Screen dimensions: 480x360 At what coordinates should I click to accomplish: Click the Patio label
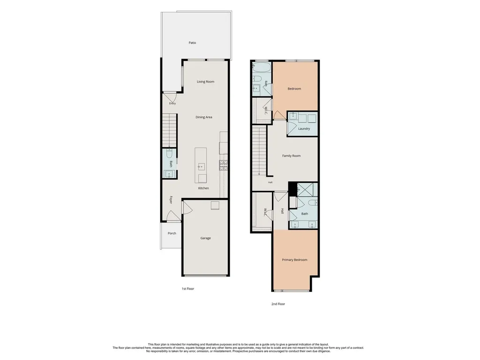click(x=192, y=43)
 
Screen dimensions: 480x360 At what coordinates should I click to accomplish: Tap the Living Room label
click(x=205, y=82)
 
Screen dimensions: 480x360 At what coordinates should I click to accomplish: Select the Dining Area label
click(x=204, y=117)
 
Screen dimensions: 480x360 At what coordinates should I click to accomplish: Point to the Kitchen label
click(x=203, y=188)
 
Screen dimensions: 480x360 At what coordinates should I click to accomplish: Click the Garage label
click(x=205, y=238)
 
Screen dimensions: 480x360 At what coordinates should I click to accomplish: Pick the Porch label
click(x=172, y=233)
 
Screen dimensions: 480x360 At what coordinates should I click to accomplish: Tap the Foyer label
click(x=171, y=200)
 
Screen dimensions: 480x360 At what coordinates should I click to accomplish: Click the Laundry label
click(x=304, y=129)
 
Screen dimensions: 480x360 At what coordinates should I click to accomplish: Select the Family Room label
click(x=292, y=156)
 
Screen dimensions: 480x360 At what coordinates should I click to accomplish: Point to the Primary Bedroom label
click(x=294, y=260)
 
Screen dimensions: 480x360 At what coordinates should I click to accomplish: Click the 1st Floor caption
click(x=188, y=289)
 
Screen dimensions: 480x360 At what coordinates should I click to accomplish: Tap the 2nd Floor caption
click(x=278, y=304)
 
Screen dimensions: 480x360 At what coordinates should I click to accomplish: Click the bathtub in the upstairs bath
click(x=262, y=67)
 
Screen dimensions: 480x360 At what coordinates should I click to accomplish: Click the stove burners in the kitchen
click(x=223, y=165)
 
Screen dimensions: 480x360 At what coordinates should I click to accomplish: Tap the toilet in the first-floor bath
click(x=170, y=153)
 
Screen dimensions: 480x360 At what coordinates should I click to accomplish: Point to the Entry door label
click(x=172, y=104)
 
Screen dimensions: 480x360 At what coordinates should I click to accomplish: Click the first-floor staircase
click(x=170, y=130)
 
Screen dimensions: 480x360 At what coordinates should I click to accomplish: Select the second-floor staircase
click(x=259, y=151)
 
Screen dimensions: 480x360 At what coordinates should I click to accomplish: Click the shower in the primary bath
click(x=307, y=189)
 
